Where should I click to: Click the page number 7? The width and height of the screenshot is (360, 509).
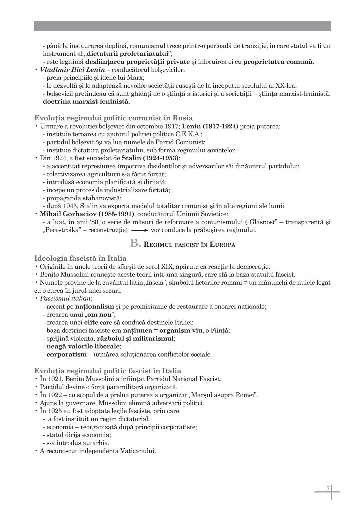click(328, 488)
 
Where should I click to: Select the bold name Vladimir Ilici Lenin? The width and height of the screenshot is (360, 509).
click(72, 70)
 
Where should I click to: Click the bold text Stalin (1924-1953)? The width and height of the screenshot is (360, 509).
click(150, 158)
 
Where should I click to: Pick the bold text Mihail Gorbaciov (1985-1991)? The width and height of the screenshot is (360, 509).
click(87, 214)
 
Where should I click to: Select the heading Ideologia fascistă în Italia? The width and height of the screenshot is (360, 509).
click(80, 258)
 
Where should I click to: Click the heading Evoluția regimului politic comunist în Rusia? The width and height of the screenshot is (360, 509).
click(113, 118)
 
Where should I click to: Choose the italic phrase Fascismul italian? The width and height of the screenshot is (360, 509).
click(65, 298)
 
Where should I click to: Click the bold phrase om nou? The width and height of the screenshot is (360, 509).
click(100, 314)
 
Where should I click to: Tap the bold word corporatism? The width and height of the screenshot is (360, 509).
click(66, 354)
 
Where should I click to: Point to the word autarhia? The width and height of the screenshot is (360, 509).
click(97, 443)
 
